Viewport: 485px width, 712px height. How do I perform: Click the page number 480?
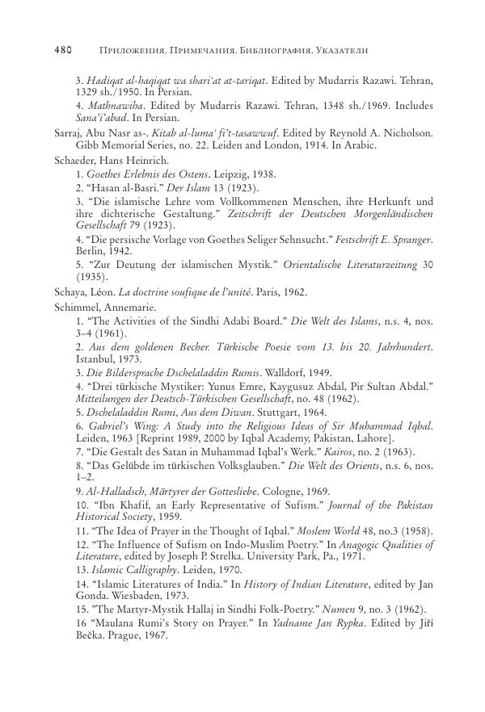[x=63, y=50]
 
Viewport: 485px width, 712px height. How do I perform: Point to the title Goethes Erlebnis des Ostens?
[x=142, y=174]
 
